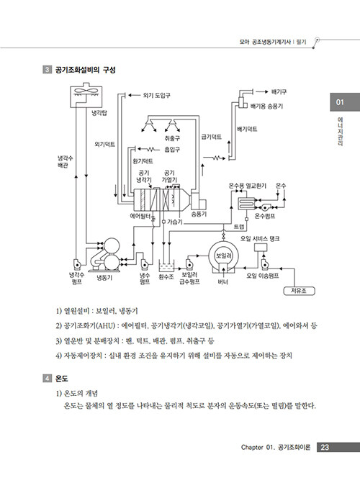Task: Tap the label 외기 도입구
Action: tap(156, 95)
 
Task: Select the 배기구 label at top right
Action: tap(279, 92)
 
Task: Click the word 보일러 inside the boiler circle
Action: tap(224, 256)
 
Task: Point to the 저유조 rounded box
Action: tap(299, 291)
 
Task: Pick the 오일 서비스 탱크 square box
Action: tap(261, 248)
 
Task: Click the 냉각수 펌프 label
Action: tap(76, 279)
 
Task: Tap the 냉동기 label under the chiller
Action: tap(104, 278)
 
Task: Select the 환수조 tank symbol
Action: tap(166, 266)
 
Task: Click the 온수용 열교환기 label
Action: tap(248, 186)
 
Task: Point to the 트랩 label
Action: tap(239, 227)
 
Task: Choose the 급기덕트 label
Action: tap(212, 137)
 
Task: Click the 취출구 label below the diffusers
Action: tap(172, 138)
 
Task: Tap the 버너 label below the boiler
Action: tap(223, 282)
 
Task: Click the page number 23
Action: tap(325, 447)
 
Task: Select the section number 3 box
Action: tap(47, 69)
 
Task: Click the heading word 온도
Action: tap(61, 379)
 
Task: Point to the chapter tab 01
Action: tap(340, 102)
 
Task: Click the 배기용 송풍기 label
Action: tap(266, 106)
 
